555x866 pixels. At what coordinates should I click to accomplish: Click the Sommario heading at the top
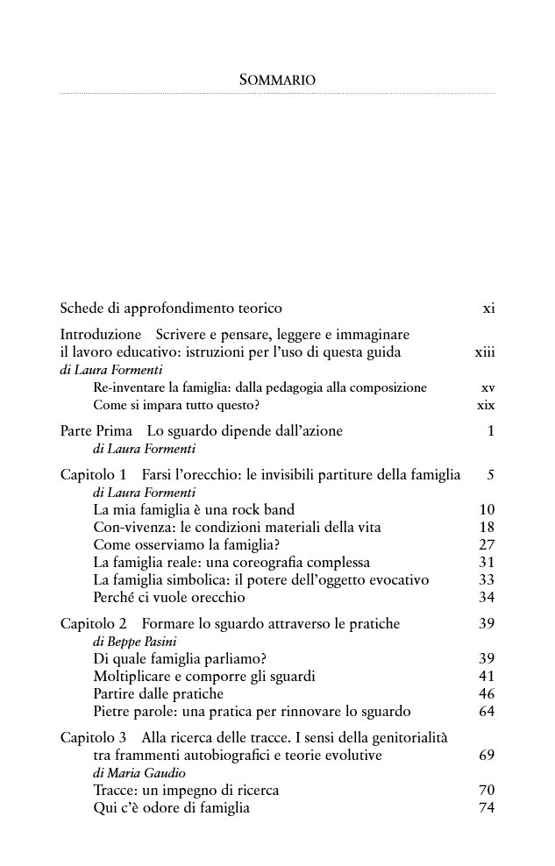coord(277,80)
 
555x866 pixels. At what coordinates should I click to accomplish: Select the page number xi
coord(488,309)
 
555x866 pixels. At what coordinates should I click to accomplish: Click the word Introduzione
coord(100,335)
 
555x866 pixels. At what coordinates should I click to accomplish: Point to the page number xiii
coord(484,352)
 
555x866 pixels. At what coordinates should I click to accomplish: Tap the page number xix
coord(486,405)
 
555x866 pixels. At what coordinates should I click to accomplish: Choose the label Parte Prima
coord(96,431)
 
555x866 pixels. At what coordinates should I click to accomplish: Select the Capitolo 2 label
coord(94,624)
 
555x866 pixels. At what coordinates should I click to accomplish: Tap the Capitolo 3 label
coord(94,738)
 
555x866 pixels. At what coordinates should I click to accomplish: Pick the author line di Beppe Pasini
coord(130,642)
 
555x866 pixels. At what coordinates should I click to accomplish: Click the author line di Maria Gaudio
coord(133,773)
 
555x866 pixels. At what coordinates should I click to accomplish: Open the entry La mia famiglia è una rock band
coord(194,510)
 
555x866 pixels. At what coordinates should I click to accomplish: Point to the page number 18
coord(487,528)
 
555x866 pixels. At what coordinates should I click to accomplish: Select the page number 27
coord(487,545)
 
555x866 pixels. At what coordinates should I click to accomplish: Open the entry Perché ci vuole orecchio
coord(168,598)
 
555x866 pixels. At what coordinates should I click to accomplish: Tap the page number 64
coord(487,712)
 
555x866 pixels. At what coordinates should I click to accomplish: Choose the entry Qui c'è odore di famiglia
coord(171,808)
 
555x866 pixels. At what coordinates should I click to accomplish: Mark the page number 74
coord(487,808)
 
